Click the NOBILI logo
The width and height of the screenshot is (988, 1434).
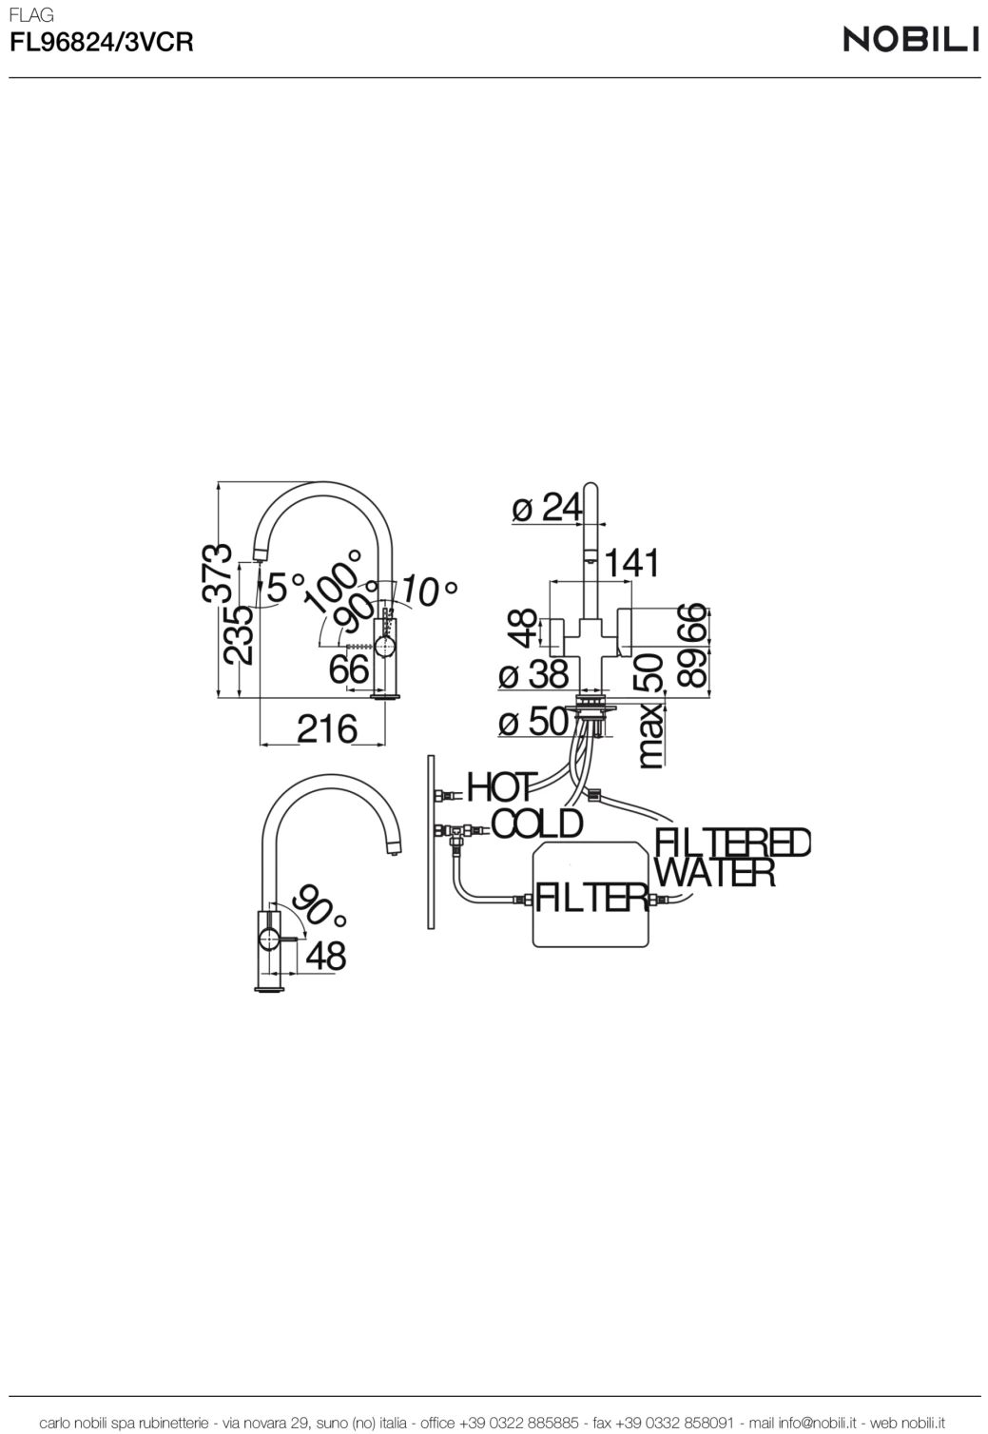point(910,39)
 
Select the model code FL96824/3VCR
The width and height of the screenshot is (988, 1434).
point(101,43)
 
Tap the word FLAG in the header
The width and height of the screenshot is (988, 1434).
point(30,15)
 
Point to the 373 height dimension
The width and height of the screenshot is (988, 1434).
point(218,572)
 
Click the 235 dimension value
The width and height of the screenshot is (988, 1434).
point(238,633)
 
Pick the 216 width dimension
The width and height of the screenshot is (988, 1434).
point(326,729)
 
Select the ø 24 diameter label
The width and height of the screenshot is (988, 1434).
point(547,508)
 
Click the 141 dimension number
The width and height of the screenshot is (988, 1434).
point(631,562)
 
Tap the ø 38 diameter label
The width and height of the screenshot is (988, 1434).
point(533,675)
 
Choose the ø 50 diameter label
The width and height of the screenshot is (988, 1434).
point(533,722)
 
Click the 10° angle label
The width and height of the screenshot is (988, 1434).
point(427,591)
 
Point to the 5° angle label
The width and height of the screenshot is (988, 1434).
point(285,586)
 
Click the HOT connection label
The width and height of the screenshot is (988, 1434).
point(501,787)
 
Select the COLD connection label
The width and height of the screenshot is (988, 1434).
point(536,824)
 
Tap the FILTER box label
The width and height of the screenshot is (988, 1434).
point(591,897)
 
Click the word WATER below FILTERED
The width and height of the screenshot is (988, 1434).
point(715,872)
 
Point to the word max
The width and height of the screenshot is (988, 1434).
point(650,735)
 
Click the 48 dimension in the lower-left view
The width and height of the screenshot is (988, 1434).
point(325,956)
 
